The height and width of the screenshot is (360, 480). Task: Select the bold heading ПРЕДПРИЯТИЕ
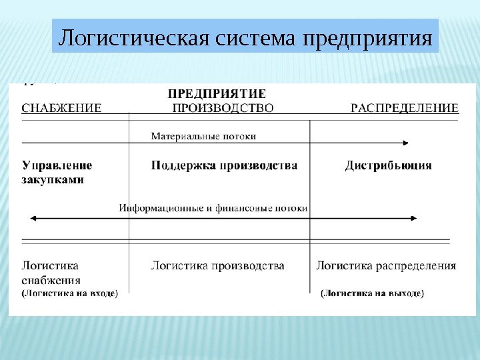coord(216,93)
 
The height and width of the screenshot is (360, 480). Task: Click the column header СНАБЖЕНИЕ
coord(62,107)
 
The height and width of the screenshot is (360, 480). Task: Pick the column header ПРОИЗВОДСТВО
coord(223,107)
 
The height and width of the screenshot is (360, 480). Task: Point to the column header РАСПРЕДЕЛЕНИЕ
coord(405,107)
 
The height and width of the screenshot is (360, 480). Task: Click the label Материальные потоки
coord(203,136)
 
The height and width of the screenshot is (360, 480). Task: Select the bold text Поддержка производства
coord(224,165)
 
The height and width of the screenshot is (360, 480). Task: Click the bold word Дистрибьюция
coord(388,165)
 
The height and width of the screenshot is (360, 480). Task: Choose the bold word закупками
coord(53,180)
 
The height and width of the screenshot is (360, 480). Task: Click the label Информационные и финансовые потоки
coord(213,208)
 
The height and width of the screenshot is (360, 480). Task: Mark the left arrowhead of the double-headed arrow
coord(30,218)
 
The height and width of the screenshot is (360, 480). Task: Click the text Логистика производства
coord(217,266)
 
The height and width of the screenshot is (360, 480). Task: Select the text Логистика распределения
coord(386,266)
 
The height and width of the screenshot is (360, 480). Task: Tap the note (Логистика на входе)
coord(70,293)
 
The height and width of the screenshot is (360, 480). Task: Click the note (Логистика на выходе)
coord(373,293)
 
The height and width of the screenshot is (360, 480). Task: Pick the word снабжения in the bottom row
coord(51,280)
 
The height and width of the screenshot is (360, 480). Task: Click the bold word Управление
coord(57,165)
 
